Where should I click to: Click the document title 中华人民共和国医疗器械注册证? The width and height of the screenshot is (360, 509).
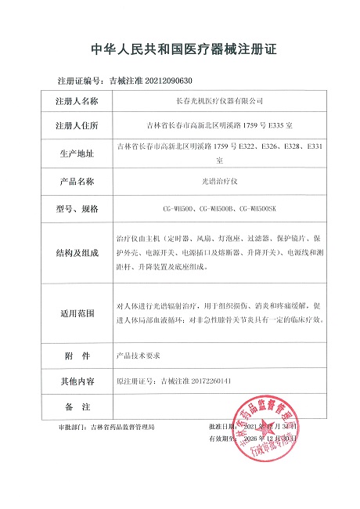(x=179, y=51)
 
